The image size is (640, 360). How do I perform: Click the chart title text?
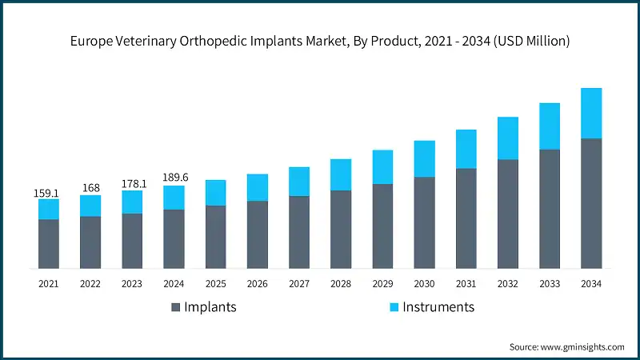(x=320, y=42)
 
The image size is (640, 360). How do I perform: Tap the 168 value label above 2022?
(x=90, y=189)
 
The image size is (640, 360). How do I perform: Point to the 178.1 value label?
(x=132, y=184)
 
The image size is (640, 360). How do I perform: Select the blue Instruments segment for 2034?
(x=590, y=113)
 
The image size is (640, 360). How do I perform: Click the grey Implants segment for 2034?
(x=590, y=203)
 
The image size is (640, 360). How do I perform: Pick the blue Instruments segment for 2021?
(x=49, y=209)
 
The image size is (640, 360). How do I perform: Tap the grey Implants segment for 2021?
(x=49, y=244)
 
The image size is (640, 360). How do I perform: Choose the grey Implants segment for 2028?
(x=341, y=230)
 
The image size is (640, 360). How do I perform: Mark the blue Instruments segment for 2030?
(x=424, y=158)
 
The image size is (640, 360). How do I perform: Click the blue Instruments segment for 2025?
(x=215, y=193)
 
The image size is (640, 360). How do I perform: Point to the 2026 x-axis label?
(x=257, y=283)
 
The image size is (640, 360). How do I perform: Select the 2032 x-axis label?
(x=507, y=283)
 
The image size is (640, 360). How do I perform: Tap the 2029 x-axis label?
(x=382, y=283)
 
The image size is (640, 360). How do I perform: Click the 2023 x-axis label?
(x=132, y=283)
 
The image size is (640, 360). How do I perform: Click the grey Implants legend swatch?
(x=174, y=307)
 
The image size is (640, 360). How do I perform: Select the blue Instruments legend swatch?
(x=393, y=307)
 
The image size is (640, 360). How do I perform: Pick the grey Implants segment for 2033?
(x=549, y=209)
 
